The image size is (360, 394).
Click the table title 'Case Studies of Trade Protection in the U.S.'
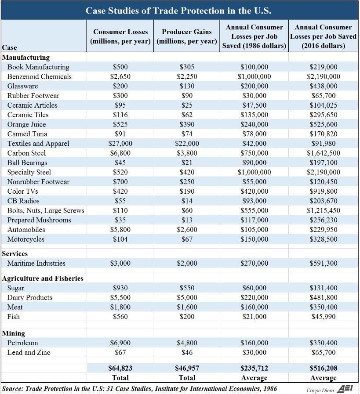click(178, 11)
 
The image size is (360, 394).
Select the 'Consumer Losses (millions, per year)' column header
click(120, 36)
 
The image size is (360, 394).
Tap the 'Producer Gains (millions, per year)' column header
click(187, 36)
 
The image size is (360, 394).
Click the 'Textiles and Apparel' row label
click(38, 144)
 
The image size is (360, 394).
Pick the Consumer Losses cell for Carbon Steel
click(120, 153)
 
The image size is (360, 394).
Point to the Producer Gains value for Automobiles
click(187, 229)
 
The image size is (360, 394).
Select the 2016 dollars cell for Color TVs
click(323, 191)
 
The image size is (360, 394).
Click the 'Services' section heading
click(15, 253)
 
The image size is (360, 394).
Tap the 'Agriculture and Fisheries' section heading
click(43, 278)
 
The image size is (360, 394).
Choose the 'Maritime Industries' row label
click(36, 263)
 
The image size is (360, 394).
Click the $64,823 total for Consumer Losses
click(120, 368)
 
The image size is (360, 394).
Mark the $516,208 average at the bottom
click(323, 368)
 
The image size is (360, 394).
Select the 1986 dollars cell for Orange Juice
click(254, 124)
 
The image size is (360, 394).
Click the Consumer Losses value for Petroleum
click(120, 343)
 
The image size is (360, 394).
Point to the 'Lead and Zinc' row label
click(29, 352)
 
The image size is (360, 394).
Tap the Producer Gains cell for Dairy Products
click(187, 297)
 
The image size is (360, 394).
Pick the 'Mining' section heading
click(14, 333)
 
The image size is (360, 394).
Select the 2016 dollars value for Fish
click(323, 317)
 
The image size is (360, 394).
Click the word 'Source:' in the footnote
click(13, 389)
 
